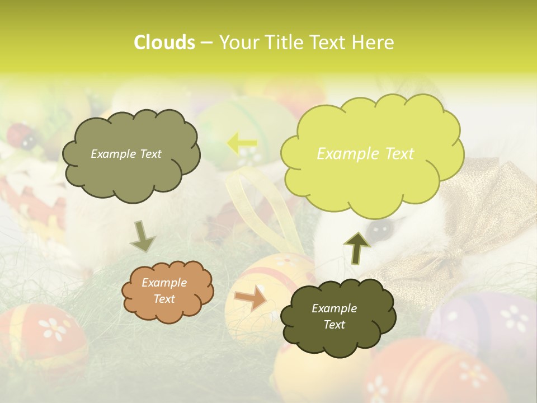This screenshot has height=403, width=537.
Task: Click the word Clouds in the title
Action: click(x=164, y=43)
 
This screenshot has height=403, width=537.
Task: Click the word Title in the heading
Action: click(x=283, y=43)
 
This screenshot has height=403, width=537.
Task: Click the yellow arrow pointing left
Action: click(x=242, y=143)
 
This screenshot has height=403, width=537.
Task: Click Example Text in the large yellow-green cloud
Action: click(x=365, y=154)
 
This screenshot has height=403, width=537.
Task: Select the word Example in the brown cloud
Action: click(x=164, y=283)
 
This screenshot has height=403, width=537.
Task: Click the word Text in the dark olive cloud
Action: click(x=335, y=325)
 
